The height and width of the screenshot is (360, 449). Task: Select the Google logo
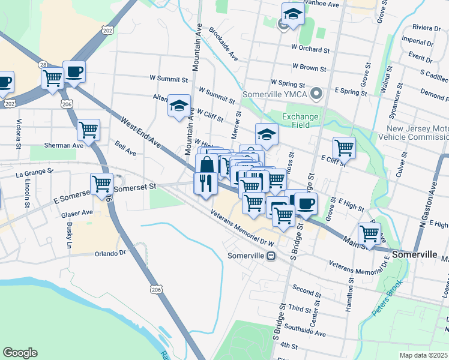[x=20, y=353]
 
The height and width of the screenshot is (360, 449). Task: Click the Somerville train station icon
[x=271, y=256]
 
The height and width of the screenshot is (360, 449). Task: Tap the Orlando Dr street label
[x=110, y=253]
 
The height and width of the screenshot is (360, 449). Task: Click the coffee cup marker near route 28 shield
[x=74, y=72]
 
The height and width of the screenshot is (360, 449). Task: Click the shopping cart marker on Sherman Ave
[x=88, y=130]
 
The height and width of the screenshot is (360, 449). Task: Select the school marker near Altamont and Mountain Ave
[x=178, y=106]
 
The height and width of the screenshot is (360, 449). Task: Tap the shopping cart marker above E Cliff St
[x=344, y=147]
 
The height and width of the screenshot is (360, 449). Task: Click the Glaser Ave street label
[x=79, y=212]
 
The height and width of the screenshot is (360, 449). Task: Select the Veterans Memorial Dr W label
[x=243, y=229]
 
